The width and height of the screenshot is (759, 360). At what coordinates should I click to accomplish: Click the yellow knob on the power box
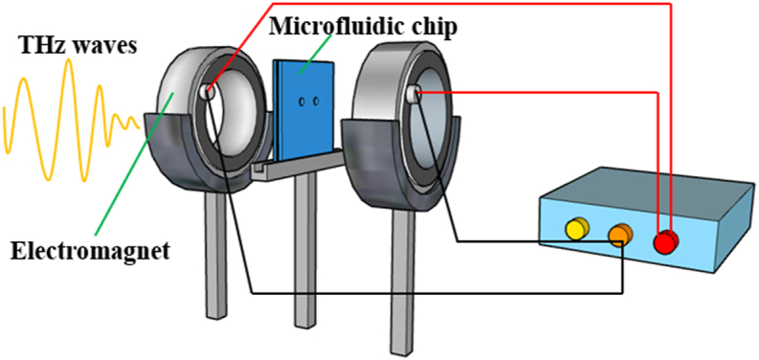pos(576,229)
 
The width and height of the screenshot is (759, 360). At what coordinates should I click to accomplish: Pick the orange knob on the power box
pos(620,235)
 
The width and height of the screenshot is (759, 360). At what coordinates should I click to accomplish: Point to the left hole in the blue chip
pos(301,100)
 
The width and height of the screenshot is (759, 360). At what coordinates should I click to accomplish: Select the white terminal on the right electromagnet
pos(415,93)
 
